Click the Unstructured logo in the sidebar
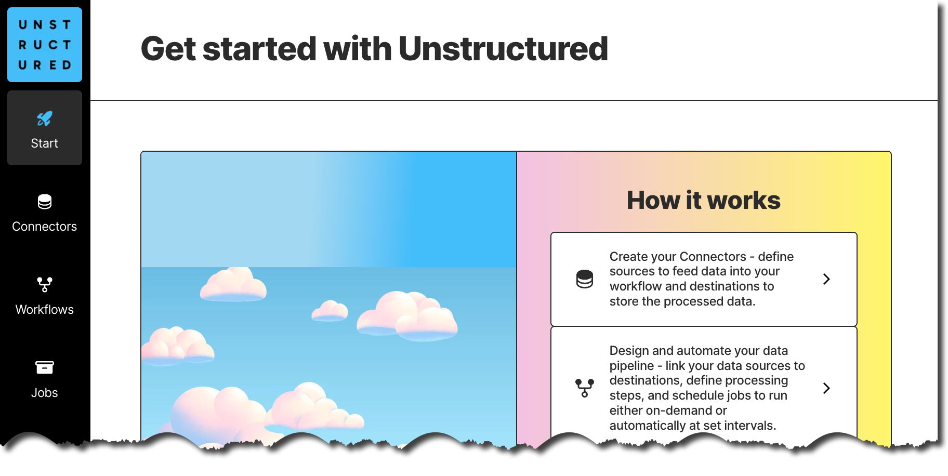[45, 45]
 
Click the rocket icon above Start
[45, 119]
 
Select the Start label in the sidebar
[45, 143]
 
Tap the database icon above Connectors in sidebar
[45, 202]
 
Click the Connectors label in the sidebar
[45, 227]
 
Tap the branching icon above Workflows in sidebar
[45, 284]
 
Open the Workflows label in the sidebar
[45, 310]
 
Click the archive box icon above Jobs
[45, 367]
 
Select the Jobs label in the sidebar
[45, 393]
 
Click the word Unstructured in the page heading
[503, 49]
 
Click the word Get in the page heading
[168, 49]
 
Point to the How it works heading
[703, 201]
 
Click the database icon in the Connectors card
[585, 279]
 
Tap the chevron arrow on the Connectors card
[826, 279]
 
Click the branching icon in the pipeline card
[585, 388]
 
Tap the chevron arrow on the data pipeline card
[826, 388]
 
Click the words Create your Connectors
[677, 257]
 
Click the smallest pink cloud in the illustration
[330, 311]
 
